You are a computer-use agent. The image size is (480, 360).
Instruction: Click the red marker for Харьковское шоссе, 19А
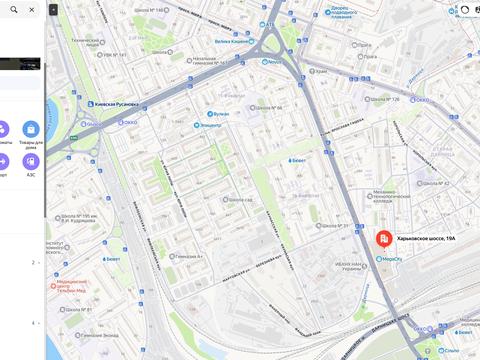(x=384, y=240)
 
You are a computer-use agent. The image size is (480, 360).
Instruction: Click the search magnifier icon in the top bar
(x=13, y=9)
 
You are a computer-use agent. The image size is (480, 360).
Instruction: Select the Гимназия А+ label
(x=185, y=257)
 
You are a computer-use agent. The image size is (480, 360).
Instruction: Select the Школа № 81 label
(x=75, y=310)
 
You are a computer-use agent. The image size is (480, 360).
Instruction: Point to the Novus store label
(x=271, y=61)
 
